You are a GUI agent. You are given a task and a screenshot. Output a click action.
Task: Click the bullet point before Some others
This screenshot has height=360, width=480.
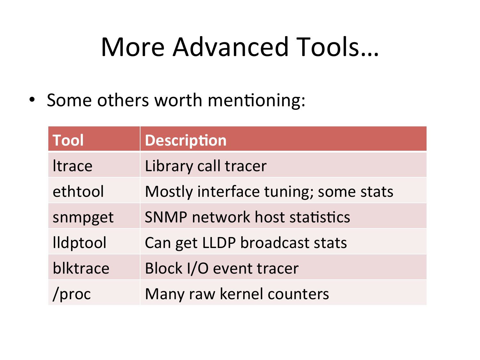point(32,100)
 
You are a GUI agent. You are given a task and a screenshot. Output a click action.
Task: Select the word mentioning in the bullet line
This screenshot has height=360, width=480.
point(256,100)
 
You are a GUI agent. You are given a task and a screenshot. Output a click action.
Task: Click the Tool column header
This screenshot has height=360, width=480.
point(68,140)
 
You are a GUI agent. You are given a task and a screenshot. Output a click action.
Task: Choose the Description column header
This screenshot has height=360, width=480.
point(185,140)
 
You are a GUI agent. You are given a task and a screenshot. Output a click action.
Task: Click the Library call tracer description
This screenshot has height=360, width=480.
point(205,166)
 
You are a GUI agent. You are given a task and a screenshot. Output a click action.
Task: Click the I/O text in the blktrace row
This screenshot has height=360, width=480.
point(198,268)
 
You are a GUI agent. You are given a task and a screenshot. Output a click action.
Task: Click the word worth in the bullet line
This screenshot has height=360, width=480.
point(178,100)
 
